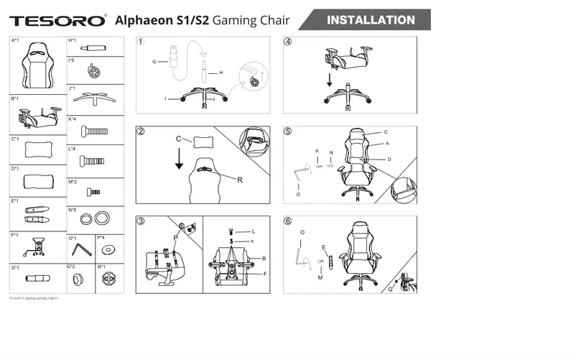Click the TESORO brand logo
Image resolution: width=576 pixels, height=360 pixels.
pyautogui.click(x=58, y=21)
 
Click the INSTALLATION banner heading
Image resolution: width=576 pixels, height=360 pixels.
pyautogui.click(x=371, y=20)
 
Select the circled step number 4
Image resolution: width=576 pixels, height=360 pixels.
pyautogui.click(x=288, y=42)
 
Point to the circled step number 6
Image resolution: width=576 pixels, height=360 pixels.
pyautogui.click(x=288, y=221)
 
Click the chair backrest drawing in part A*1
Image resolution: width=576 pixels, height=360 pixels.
pyautogui.click(x=39, y=65)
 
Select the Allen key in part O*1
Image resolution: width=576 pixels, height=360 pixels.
pyautogui.click(x=85, y=249)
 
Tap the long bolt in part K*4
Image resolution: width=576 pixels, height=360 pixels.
pyautogui.click(x=94, y=131)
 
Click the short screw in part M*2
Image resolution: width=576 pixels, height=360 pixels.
pyautogui.click(x=93, y=192)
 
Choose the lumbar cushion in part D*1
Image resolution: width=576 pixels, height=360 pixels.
pyautogui.click(x=37, y=180)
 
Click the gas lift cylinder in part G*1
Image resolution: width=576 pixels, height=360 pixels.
pyautogui.click(x=37, y=277)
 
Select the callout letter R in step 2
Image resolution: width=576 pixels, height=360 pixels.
pyautogui.click(x=239, y=180)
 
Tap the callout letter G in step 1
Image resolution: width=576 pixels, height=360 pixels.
pyautogui.click(x=154, y=62)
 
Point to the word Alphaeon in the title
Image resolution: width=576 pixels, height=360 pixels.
pyautogui.click(x=144, y=21)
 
